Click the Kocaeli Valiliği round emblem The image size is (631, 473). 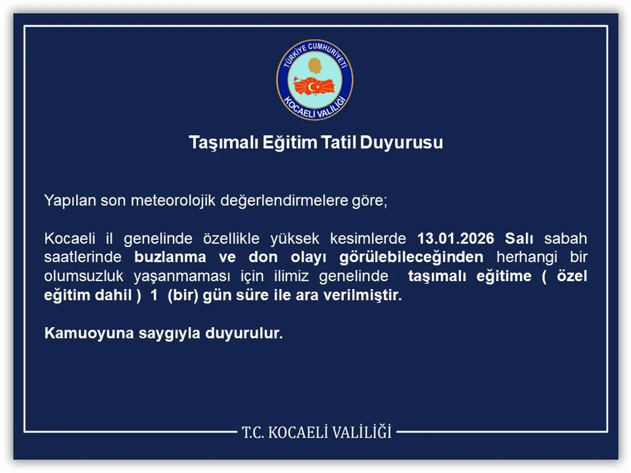coord(315,80)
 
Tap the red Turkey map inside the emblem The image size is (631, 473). coord(314,87)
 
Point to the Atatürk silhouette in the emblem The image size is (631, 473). coord(314,66)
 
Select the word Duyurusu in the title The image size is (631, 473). coord(401,142)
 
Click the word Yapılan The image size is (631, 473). coord(70,201)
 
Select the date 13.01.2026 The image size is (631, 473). coord(456,238)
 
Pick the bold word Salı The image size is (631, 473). coord(519,238)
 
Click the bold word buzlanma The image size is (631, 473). coord(170,257)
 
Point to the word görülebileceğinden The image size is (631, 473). coord(411,257)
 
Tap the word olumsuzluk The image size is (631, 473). coord(84,276)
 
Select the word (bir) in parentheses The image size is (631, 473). coord(183,295)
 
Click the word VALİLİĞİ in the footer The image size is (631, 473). coord(361,432)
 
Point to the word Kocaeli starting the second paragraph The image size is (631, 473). coord(70,238)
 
